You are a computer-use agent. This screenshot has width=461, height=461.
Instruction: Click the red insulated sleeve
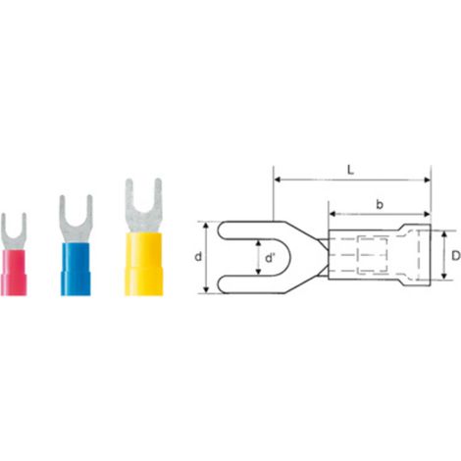point(14,273)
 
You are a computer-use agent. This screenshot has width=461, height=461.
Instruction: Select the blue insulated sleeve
point(76,270)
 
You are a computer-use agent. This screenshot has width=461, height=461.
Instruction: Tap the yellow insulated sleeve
point(144,264)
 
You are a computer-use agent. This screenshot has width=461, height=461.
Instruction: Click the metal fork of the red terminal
point(14,231)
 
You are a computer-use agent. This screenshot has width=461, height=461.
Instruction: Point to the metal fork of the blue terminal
point(76,220)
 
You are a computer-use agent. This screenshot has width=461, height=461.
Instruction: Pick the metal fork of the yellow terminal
point(144,207)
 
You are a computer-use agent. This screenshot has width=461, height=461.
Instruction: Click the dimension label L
point(350,170)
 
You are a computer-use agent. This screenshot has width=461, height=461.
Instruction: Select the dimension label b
point(380,204)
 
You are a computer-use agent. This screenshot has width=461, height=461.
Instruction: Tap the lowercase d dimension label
point(198,257)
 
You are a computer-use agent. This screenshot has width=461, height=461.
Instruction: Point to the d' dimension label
point(270,258)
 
